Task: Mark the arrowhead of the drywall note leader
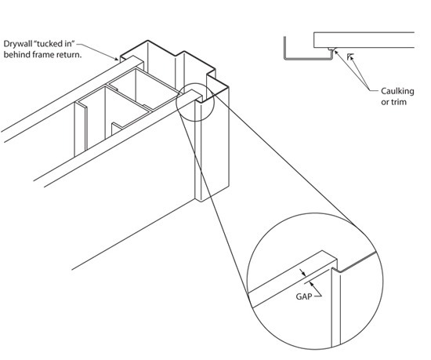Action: [x=119, y=57]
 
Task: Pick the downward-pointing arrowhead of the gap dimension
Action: [x=303, y=271]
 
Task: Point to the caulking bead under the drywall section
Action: [x=331, y=51]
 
